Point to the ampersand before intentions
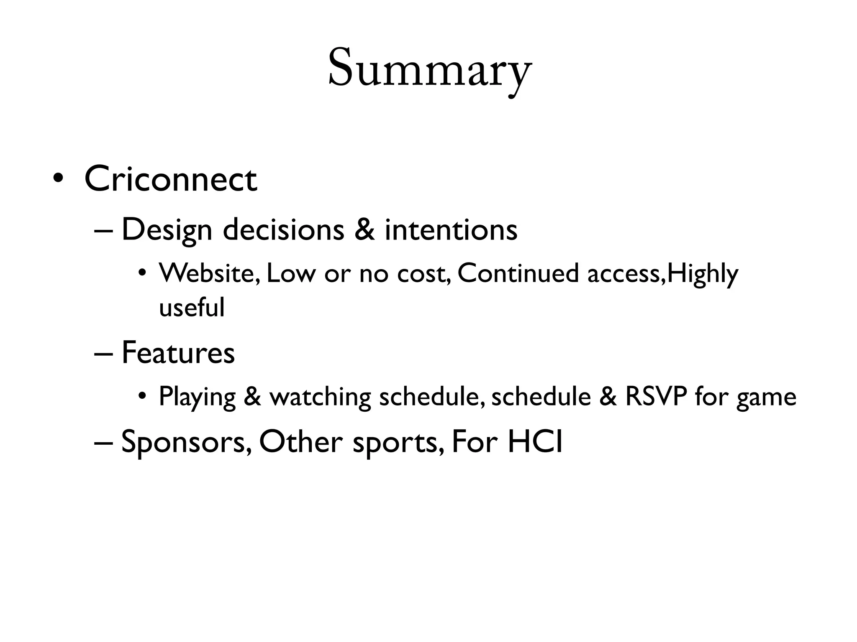pyautogui.click(x=364, y=230)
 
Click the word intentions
pyautogui.click(x=451, y=230)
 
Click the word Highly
pyautogui.click(x=703, y=274)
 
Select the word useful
pyautogui.click(x=192, y=308)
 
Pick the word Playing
pyautogui.click(x=197, y=397)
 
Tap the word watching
pyautogui.click(x=320, y=397)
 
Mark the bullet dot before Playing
pyautogui.click(x=143, y=396)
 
